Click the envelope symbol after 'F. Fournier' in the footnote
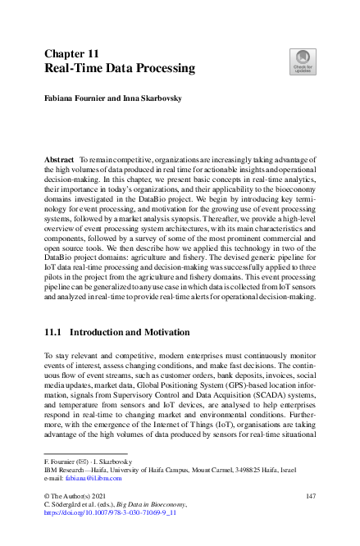(x=81, y=460)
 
